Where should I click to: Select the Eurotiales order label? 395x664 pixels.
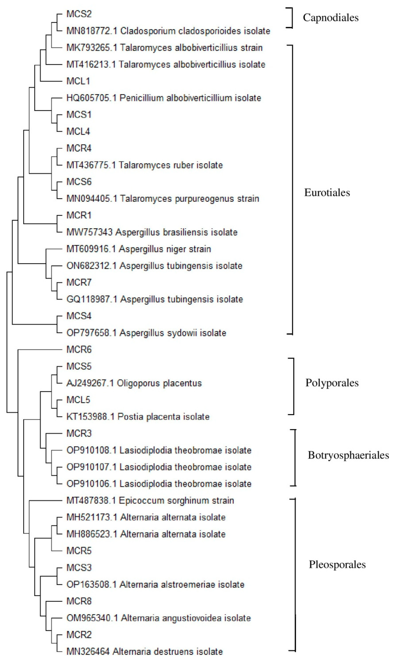[327, 193]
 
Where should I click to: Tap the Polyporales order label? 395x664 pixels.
[332, 383]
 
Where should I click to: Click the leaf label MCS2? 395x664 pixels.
[79, 14]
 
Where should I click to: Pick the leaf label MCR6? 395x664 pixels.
[79, 349]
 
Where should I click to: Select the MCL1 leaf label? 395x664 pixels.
[78, 81]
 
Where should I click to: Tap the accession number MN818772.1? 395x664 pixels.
[92, 31]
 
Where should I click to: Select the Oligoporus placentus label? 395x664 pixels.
[159, 383]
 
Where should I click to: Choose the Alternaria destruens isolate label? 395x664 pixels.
[168, 652]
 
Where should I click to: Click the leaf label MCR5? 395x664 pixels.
[79, 551]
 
